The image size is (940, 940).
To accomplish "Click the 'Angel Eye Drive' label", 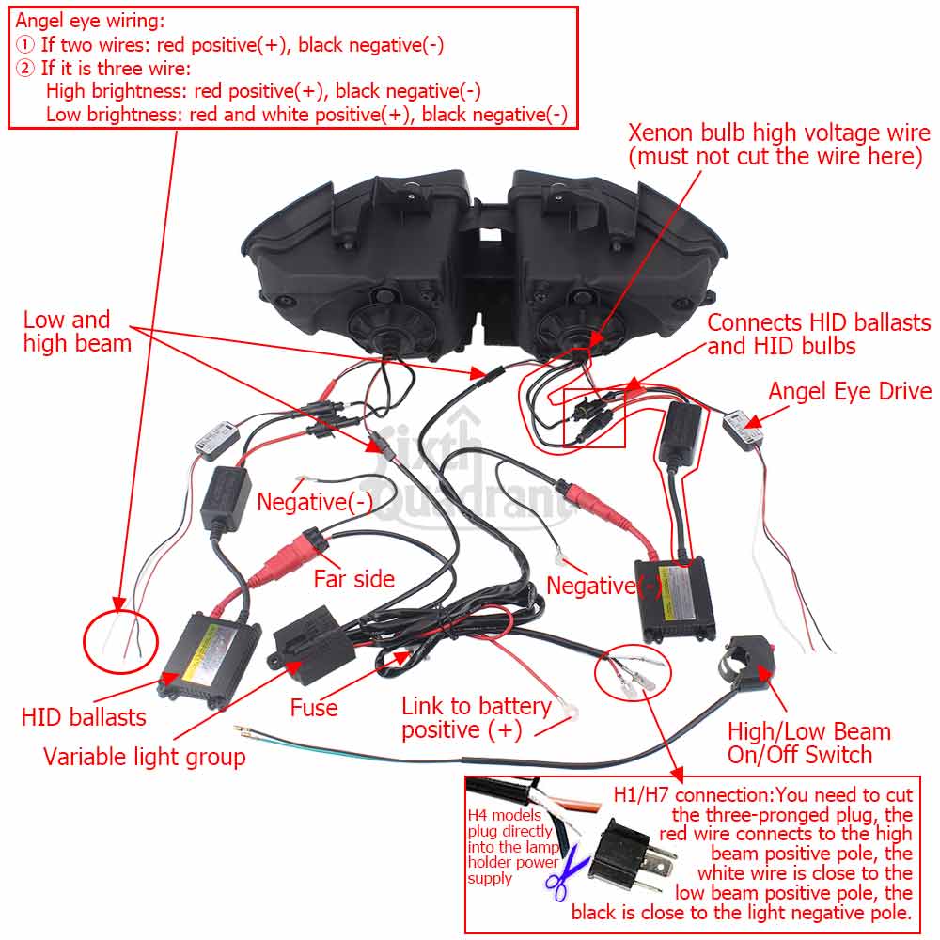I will (849, 391).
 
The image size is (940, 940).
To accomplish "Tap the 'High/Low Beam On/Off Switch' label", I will (808, 744).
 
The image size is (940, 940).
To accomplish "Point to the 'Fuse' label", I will (313, 707).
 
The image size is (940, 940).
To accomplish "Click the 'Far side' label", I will (353, 579).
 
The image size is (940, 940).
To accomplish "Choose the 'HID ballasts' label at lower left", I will (84, 717).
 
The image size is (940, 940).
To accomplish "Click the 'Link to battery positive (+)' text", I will (476, 717).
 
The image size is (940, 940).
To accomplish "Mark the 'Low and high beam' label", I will (77, 332).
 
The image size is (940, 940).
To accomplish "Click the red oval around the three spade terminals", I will (634, 672).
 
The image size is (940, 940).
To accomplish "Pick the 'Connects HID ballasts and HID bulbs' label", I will (818, 335).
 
